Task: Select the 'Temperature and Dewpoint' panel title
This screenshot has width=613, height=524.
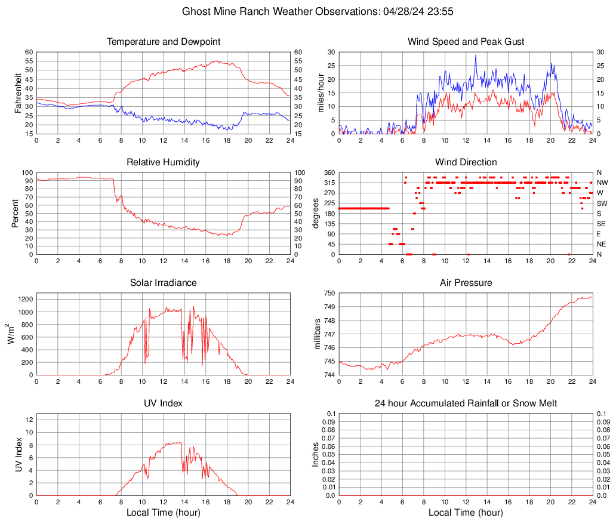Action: pos(164,42)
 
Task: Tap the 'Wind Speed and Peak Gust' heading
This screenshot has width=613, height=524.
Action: pos(466,42)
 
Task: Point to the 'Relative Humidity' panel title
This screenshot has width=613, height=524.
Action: pos(164,162)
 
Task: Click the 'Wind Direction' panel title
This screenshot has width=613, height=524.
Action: pos(466,162)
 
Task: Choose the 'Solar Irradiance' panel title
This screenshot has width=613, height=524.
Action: pos(164,283)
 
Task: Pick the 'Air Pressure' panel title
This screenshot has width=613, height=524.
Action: pos(466,283)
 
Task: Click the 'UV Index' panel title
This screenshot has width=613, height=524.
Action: pos(164,403)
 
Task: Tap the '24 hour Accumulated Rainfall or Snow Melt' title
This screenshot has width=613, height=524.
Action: pos(466,403)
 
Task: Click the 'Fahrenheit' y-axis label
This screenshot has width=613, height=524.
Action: pos(17,93)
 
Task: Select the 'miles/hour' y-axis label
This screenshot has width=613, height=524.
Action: pos(321,93)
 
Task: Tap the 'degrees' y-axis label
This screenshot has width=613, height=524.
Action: pos(316,214)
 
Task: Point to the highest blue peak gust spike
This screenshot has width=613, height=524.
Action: pos(476,56)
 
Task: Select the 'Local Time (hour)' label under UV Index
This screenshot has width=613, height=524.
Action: pos(164,513)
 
